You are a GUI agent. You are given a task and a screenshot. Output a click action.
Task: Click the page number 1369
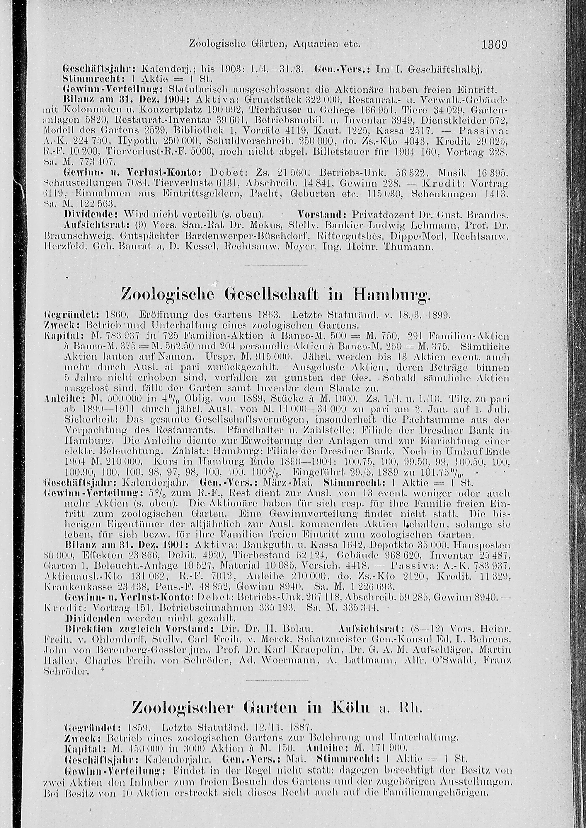tap(495, 45)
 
